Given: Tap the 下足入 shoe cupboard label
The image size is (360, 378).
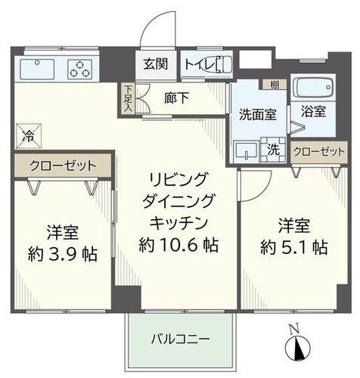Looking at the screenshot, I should (128, 98).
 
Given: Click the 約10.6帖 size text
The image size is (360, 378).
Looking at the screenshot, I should (178, 245).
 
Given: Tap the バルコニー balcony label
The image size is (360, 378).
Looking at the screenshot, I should (178, 338).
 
